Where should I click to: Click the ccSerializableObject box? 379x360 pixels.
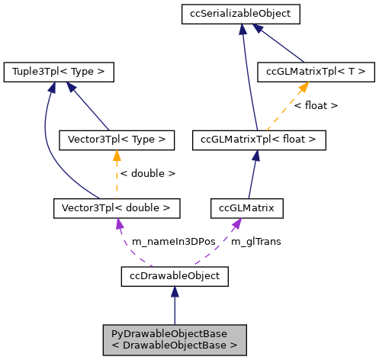tap(240, 13)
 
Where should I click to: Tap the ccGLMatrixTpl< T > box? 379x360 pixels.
tap(316, 72)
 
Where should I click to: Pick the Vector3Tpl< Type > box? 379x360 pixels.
tap(117, 140)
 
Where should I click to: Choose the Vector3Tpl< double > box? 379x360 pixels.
tap(117, 207)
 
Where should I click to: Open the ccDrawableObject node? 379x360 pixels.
tap(175, 275)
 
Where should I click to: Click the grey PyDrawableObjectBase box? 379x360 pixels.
tap(175, 338)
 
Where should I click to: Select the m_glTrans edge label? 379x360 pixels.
tap(255, 241)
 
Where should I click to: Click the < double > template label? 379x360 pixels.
tap(148, 174)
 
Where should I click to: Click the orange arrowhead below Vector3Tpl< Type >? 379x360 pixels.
tap(117, 156)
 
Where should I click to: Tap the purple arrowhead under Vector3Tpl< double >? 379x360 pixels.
tap(118, 223)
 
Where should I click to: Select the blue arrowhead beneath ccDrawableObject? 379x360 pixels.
tap(175, 291)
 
